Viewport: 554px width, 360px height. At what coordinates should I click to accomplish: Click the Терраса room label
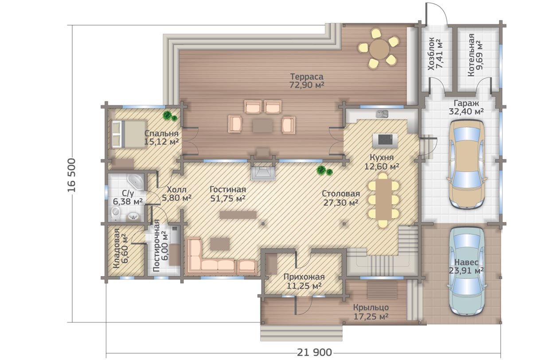pyautogui.click(x=306, y=77)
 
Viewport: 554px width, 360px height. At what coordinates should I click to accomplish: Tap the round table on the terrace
pyautogui.click(x=380, y=48)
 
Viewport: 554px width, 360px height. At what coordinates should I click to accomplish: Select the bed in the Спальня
pyautogui.click(x=129, y=134)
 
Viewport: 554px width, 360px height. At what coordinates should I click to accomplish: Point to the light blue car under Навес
pyautogui.click(x=466, y=271)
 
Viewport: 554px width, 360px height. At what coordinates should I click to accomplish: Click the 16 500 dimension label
pyautogui.click(x=71, y=175)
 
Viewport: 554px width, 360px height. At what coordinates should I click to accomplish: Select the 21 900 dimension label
pyautogui.click(x=314, y=352)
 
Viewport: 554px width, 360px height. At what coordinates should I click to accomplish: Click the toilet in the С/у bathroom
pyautogui.click(x=116, y=214)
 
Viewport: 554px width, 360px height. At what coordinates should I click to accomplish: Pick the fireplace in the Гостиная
pyautogui.click(x=263, y=172)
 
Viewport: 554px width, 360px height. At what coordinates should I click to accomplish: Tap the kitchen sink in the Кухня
pyautogui.click(x=382, y=114)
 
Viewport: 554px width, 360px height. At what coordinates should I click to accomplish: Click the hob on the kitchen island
pyautogui.click(x=385, y=140)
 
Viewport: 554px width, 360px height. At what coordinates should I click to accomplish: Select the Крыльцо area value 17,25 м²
pyautogui.click(x=371, y=317)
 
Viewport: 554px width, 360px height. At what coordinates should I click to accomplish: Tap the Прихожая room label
pyautogui.click(x=304, y=277)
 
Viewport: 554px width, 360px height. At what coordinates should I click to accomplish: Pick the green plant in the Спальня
pyautogui.click(x=170, y=116)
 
